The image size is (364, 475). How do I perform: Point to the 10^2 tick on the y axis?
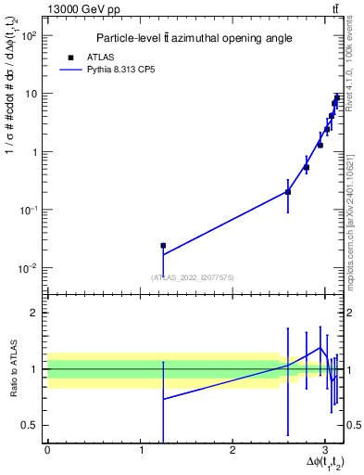coord(29,35)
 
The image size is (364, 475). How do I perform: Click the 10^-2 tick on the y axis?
coord(29,268)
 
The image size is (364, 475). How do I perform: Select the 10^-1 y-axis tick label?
coord(29,210)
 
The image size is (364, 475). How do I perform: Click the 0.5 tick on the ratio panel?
coord(31,426)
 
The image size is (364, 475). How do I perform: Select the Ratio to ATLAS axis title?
coord(12,369)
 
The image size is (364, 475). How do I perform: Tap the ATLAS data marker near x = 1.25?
coord(163,246)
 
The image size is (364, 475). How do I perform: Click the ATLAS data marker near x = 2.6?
coord(288,192)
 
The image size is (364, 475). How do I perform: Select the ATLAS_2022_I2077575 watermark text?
coord(194,277)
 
